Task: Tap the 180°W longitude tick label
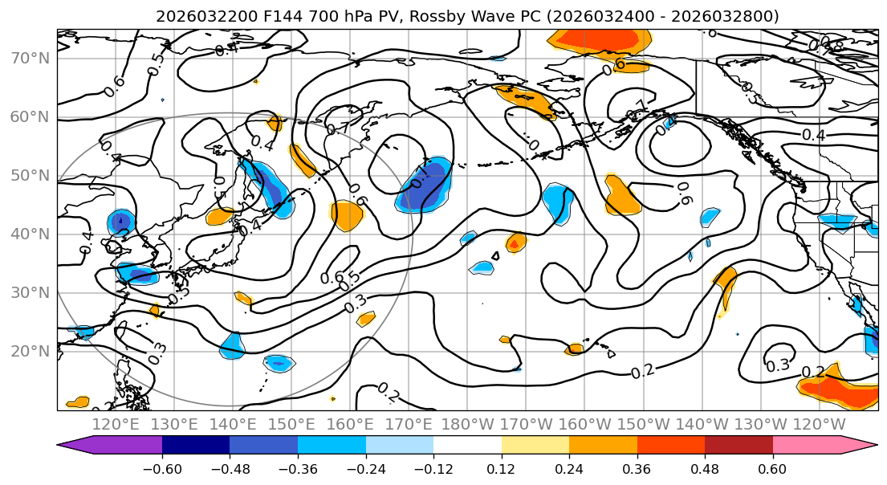466,423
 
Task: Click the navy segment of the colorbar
195,446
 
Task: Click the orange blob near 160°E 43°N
348,215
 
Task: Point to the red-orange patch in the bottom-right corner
843,392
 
